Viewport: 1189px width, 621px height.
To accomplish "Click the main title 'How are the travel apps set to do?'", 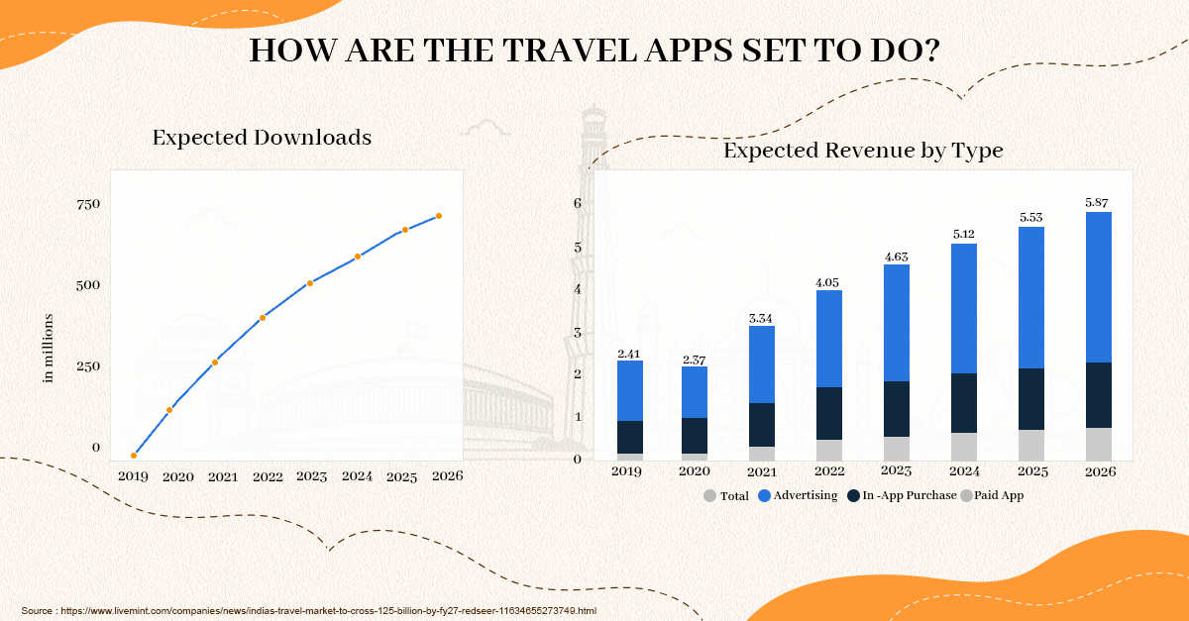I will (594, 52).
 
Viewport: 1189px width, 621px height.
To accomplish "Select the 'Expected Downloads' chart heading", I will (262, 138).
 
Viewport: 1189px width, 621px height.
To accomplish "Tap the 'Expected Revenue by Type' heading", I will (863, 151).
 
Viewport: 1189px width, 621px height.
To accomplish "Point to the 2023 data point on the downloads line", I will (310, 283).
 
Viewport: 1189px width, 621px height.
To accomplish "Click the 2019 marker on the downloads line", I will (134, 456).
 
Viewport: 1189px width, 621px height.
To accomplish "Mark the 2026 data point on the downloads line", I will (439, 216).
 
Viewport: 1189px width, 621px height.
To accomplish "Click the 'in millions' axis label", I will (48, 348).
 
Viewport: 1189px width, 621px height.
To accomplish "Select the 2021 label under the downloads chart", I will (223, 476).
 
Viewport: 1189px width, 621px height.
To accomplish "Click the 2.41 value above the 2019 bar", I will (629, 353).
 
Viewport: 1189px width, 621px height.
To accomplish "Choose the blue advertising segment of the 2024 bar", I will (963, 308).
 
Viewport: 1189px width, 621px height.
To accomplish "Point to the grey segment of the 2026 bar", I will (1099, 444).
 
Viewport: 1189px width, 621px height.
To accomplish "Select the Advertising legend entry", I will (799, 495).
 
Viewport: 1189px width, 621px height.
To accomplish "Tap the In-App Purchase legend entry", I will (902, 495).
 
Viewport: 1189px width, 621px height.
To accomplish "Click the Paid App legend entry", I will (992, 495).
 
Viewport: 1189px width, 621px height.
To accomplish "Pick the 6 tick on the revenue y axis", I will (577, 203).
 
